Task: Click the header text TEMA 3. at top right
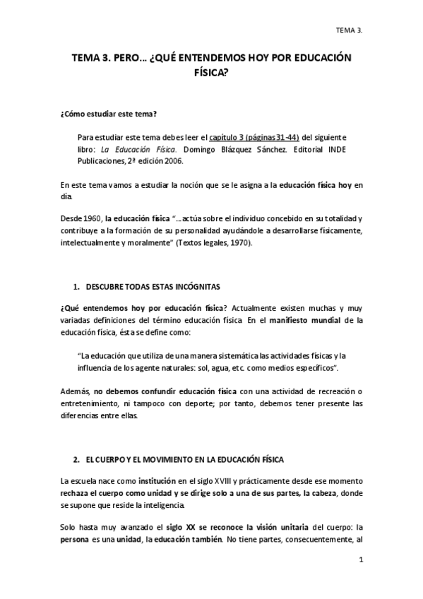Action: click(x=349, y=30)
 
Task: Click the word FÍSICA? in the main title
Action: click(x=211, y=72)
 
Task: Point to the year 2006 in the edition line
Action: click(x=173, y=160)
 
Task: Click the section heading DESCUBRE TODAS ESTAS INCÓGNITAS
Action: click(x=153, y=287)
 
